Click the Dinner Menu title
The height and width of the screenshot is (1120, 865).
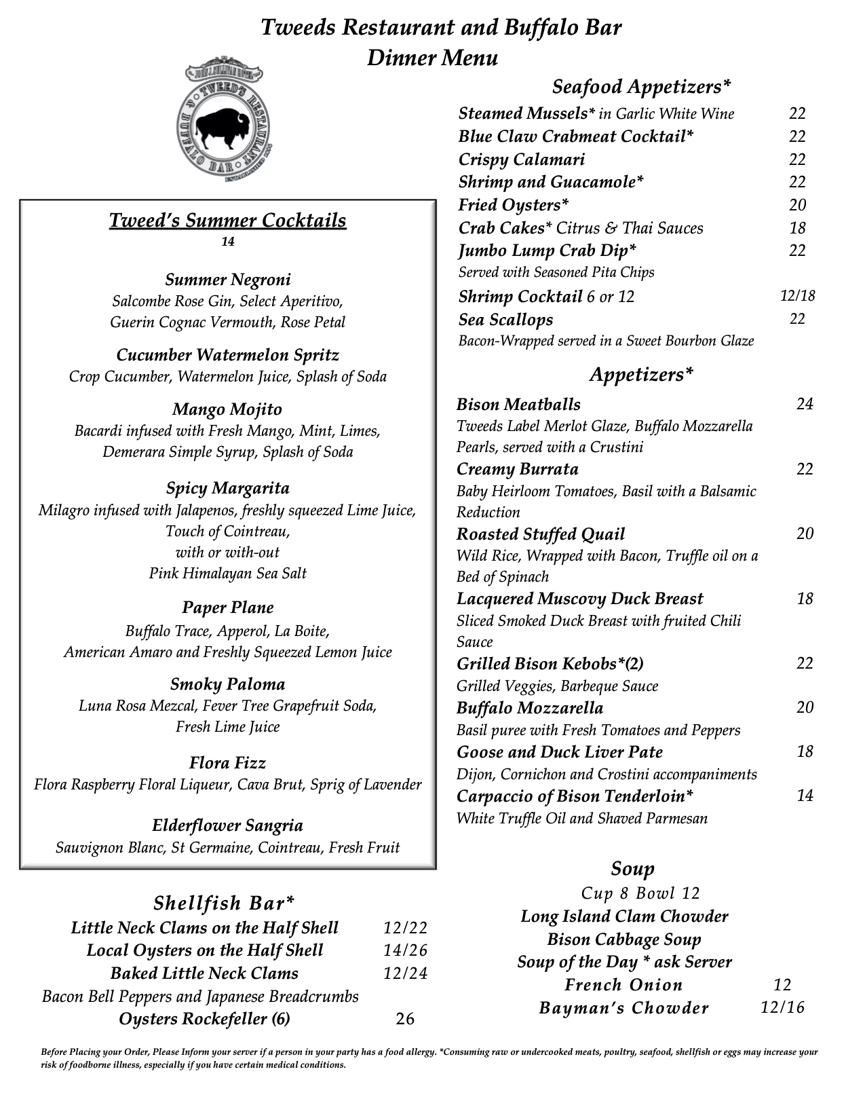point(432,58)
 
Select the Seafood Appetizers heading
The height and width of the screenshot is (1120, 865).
point(641,86)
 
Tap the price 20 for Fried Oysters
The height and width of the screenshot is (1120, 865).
point(797,205)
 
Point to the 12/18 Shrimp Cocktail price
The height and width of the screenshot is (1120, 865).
point(797,296)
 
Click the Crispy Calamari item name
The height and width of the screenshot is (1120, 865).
point(521,160)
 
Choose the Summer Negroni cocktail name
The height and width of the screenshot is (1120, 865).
point(228,280)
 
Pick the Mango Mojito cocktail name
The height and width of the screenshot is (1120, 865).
point(227,409)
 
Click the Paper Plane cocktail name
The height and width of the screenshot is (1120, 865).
point(227,608)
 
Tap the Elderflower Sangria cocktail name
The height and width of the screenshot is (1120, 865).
point(227,825)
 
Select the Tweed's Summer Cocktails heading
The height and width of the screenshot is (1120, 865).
point(227,221)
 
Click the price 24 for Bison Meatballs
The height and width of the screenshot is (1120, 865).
point(805,405)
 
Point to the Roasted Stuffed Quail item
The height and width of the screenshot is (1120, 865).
point(540,534)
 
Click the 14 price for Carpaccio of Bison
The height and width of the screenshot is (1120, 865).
point(805,796)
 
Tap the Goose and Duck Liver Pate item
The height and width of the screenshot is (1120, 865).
point(559,752)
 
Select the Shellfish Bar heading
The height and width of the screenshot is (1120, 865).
point(224,903)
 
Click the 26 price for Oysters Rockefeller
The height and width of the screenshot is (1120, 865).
point(404,1019)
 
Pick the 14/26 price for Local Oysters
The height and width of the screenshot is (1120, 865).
point(405,950)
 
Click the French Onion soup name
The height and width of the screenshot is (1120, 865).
point(623,985)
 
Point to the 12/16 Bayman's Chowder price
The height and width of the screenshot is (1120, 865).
point(782,1007)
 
